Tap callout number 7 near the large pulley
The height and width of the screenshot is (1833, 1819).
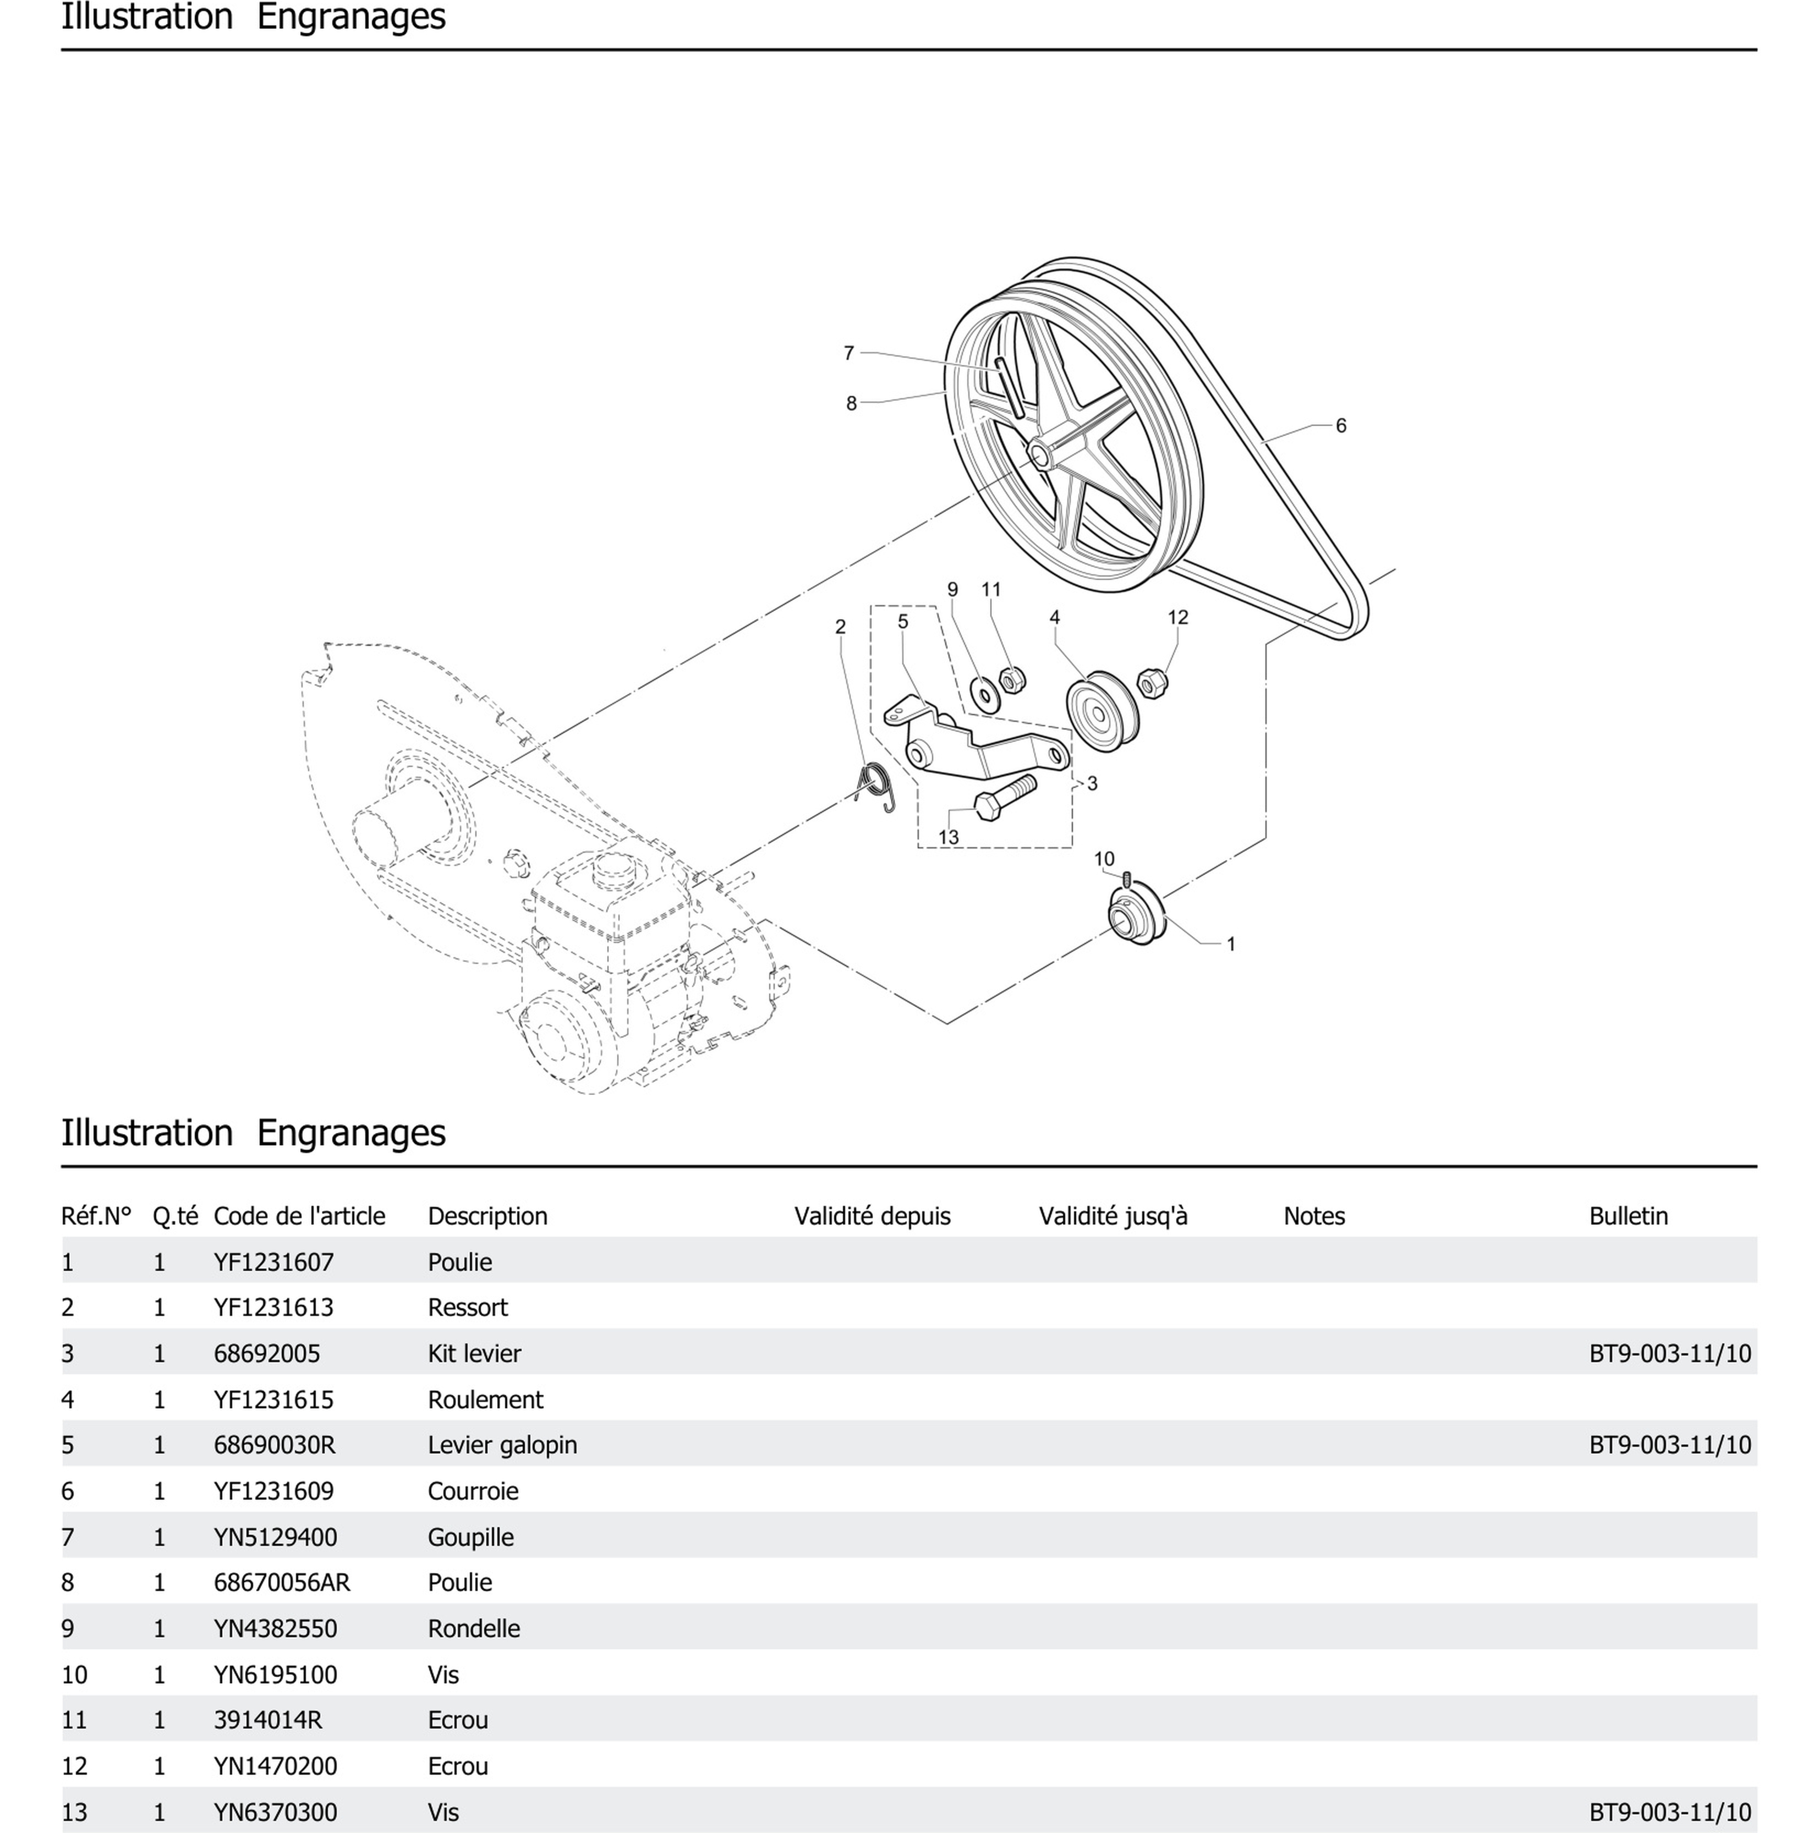pos(848,353)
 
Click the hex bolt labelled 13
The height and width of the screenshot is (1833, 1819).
pos(1005,799)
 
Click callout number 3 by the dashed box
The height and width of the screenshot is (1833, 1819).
pos(1092,784)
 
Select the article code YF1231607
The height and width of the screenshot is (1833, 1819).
pos(273,1262)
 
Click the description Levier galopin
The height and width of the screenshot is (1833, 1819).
pos(502,1445)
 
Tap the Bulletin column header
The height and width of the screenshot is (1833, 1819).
pos(1628,1216)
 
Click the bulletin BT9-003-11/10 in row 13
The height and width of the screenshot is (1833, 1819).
pos(1669,1812)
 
